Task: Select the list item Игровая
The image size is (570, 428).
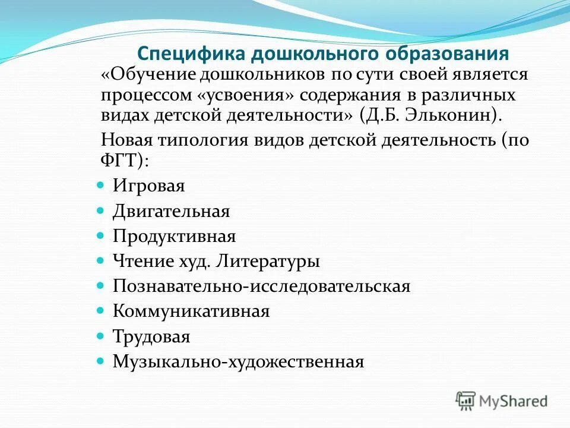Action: point(149,186)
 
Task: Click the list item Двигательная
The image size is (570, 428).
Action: point(171,211)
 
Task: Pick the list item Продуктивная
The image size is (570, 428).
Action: point(175,237)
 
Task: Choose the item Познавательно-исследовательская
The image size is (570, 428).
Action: point(261,286)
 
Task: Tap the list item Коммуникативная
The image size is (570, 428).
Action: point(191,311)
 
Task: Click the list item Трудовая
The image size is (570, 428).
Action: point(151,337)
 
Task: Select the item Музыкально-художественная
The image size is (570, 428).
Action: point(237,361)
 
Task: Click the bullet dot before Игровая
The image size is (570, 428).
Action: point(100,185)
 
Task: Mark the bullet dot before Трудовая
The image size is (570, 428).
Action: point(100,336)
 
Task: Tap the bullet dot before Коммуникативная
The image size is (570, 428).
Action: point(100,310)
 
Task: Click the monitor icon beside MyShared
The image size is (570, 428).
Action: point(466,400)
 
